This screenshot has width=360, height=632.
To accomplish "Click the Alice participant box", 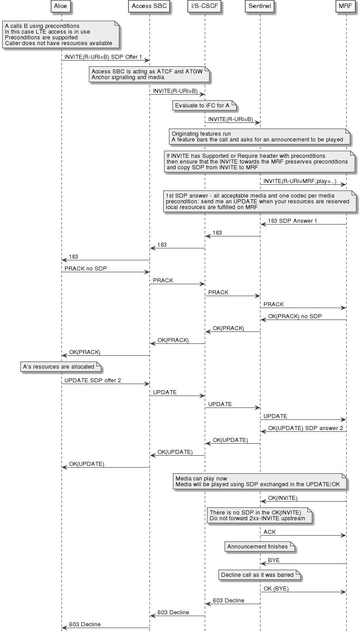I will tap(61, 7).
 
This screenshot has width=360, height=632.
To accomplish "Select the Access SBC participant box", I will tap(149, 7).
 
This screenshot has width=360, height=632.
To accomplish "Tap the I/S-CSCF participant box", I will tap(204, 7).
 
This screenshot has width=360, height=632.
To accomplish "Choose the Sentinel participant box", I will tap(260, 7).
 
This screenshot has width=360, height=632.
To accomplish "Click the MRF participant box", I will tap(346, 7).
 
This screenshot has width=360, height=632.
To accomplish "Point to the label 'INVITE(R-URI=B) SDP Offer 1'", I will tap(103, 57).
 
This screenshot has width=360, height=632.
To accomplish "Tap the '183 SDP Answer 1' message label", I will tap(292, 221).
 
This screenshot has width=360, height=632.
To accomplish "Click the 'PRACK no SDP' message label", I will tap(85, 269).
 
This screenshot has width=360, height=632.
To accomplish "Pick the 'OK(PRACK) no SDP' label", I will tap(295, 316).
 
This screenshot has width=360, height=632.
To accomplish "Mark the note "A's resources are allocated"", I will tap(58, 367).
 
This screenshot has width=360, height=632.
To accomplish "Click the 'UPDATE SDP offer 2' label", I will tap(92, 381).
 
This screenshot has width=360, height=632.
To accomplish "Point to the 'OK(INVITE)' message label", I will tap(283, 498).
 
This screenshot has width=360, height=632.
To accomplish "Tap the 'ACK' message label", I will tap(270, 532).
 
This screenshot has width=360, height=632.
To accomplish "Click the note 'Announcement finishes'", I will tap(257, 547).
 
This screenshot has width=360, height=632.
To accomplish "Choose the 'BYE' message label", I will tap(274, 560).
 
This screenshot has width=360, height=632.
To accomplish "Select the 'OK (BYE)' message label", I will tap(276, 589).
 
